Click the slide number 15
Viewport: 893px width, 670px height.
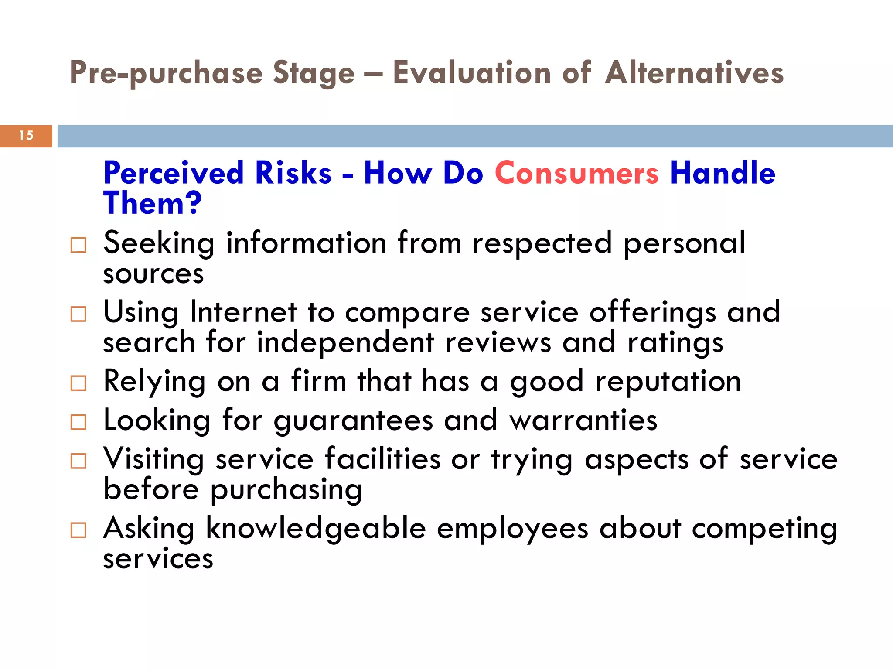26,136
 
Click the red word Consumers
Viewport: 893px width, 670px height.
576,173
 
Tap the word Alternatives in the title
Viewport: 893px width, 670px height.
695,73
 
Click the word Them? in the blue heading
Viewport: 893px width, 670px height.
152,203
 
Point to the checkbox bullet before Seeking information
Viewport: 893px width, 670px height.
78,245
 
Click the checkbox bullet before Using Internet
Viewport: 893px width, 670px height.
78,314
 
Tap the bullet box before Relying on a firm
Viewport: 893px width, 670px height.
78,383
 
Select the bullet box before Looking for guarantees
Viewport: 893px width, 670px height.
78,422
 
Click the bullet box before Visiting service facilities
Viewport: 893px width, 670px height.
78,461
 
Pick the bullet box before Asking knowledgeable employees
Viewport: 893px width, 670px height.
78,530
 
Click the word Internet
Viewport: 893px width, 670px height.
243,312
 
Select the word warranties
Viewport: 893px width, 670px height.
583,420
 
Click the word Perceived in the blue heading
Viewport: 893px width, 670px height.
174,173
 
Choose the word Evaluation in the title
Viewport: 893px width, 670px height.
472,73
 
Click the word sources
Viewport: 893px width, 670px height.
153,274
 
